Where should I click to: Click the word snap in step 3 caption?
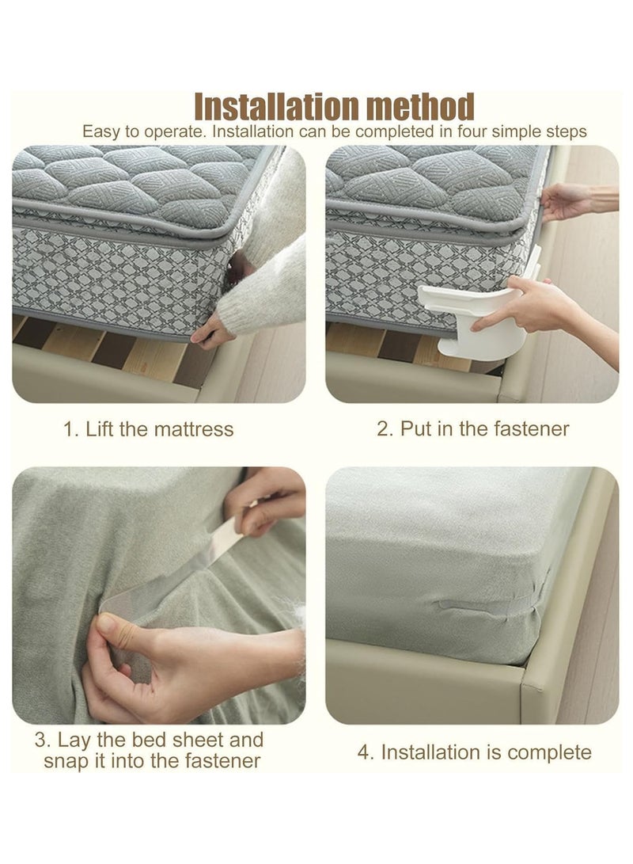click(68, 761)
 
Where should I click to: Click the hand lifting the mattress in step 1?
click(212, 329)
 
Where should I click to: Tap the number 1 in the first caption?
click(69, 429)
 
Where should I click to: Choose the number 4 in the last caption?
click(365, 752)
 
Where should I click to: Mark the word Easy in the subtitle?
click(102, 131)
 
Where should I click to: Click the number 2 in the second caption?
click(385, 429)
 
